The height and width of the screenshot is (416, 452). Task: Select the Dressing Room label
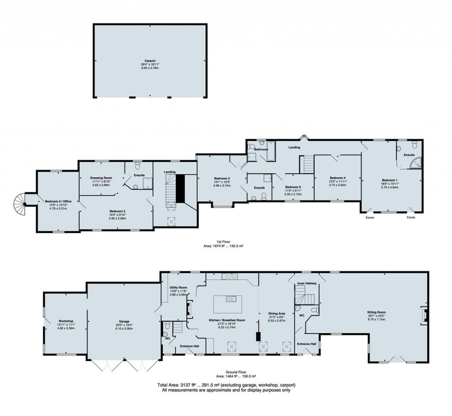click(x=102, y=178)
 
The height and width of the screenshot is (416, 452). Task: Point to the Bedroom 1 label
click(x=390, y=180)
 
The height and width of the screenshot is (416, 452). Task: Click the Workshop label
click(x=66, y=321)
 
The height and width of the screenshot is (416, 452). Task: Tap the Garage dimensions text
click(x=123, y=328)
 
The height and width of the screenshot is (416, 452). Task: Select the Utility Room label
click(x=179, y=287)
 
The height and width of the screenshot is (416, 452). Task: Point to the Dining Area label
click(x=278, y=313)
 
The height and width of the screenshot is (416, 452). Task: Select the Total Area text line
click(x=226, y=385)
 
